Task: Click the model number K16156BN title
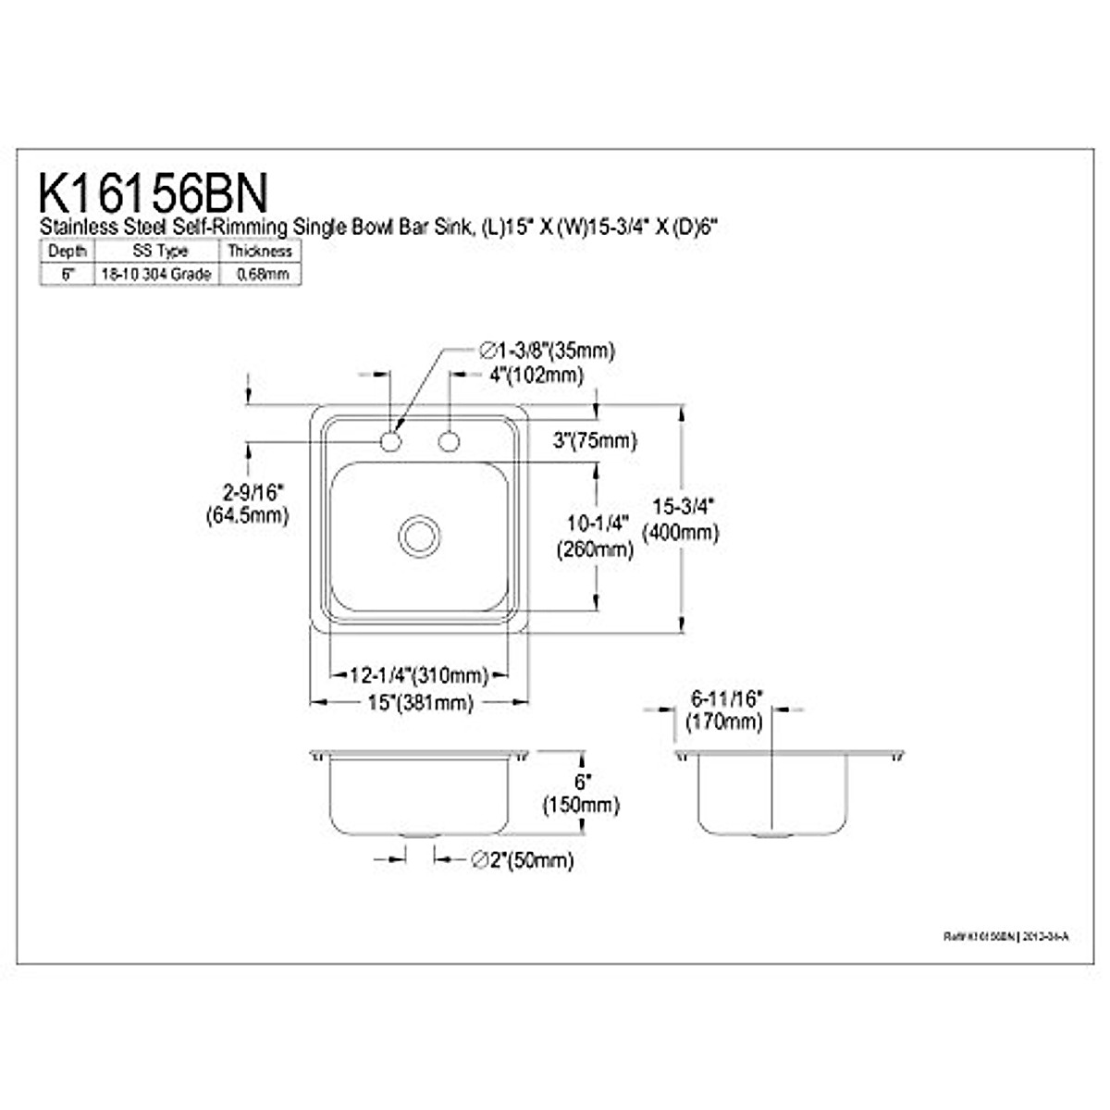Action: click(x=154, y=194)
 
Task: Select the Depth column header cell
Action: click(x=67, y=251)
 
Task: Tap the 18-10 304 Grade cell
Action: click(x=156, y=274)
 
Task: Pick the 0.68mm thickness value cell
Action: click(x=260, y=274)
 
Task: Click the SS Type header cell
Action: click(x=156, y=251)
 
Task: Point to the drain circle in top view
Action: click(x=418, y=536)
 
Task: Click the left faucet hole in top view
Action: click(x=391, y=442)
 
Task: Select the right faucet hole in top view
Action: click(x=450, y=442)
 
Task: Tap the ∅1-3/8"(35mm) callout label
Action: click(x=546, y=351)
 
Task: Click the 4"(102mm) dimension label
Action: click(x=536, y=376)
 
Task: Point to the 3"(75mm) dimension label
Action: click(x=596, y=441)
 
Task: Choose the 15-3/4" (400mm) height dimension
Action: click(x=684, y=519)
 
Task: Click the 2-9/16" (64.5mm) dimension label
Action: click(x=247, y=503)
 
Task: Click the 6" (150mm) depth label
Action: click(x=581, y=793)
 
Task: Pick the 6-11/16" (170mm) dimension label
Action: click(x=725, y=710)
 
